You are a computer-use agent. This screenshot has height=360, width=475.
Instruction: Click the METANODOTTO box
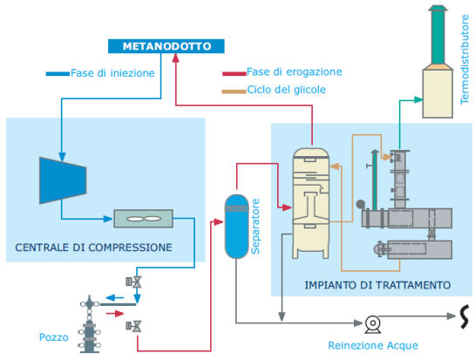[x=166, y=46]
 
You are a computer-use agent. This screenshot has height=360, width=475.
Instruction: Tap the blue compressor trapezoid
[x=63, y=180]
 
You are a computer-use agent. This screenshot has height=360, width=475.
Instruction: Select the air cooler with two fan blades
[x=143, y=219]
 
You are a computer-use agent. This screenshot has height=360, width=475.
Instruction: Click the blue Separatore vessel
[x=236, y=227]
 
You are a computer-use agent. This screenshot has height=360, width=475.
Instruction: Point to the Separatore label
[x=255, y=227]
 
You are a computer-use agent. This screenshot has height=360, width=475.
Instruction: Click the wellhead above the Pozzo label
[x=90, y=324]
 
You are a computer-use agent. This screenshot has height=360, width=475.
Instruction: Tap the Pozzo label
[x=54, y=337]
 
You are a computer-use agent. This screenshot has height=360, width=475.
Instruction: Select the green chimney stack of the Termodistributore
[x=438, y=35]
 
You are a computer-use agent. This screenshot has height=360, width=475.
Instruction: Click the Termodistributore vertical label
[x=465, y=59]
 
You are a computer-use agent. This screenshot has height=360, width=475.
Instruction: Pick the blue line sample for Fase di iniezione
[x=58, y=73]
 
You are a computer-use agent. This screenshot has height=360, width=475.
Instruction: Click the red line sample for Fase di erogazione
[x=234, y=73]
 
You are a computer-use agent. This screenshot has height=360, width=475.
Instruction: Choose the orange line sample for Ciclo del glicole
[x=234, y=92]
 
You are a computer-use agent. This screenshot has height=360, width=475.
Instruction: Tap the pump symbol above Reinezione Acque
[x=373, y=324]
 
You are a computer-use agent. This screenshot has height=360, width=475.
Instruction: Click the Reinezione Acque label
[x=373, y=345]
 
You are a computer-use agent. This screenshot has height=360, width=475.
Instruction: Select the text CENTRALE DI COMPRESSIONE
[x=93, y=248]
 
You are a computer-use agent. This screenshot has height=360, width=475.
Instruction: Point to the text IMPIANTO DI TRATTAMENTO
[x=377, y=285]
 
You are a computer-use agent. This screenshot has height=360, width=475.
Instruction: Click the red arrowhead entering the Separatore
[x=219, y=221]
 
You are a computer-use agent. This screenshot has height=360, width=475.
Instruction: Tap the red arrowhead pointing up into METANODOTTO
[x=176, y=58]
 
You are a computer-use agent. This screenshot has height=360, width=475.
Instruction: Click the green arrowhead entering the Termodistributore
[x=418, y=99]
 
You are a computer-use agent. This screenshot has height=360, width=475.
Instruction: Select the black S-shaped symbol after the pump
[x=465, y=316]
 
